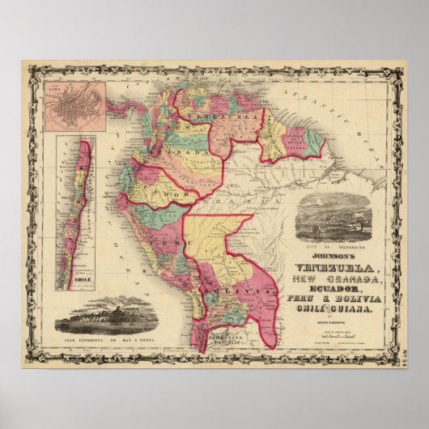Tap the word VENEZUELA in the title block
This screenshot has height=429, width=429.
click(323, 268)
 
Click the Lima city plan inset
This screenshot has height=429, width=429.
click(74, 106)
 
